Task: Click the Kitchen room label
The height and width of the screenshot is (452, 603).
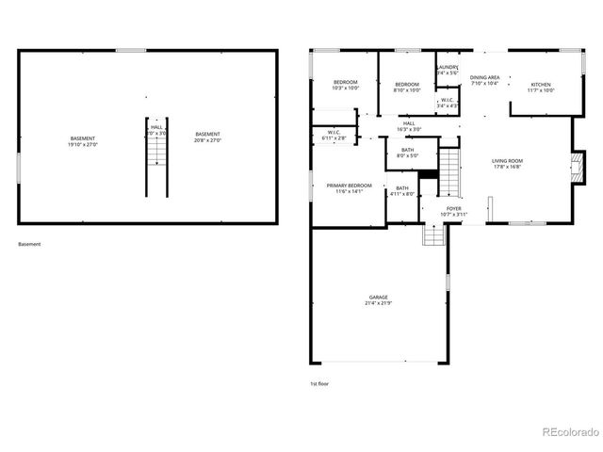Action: (x=541, y=88)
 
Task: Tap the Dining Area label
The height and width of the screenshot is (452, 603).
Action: (x=485, y=80)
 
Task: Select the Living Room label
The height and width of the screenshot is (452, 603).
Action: (x=507, y=164)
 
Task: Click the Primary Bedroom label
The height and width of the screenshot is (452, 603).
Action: (x=349, y=188)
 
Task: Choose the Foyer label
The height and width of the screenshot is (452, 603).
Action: (x=453, y=211)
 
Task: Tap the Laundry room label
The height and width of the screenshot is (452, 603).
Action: (x=448, y=71)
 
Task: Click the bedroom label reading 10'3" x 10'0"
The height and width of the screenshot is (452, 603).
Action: (x=345, y=86)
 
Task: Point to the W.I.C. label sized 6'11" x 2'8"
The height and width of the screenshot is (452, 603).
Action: (x=334, y=135)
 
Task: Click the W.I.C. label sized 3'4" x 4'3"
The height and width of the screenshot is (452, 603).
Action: (x=447, y=103)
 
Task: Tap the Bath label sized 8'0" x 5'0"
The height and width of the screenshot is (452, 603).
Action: (x=407, y=153)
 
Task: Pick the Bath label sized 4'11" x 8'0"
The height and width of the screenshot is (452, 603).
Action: (x=402, y=191)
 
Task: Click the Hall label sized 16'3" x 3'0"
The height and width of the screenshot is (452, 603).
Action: (x=409, y=125)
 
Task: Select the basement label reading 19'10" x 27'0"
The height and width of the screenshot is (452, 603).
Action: (x=83, y=141)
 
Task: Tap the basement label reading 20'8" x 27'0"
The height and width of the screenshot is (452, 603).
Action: (x=207, y=137)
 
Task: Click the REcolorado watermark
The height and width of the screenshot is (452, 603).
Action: (x=570, y=433)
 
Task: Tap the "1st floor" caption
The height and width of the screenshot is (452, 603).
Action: (x=319, y=383)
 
